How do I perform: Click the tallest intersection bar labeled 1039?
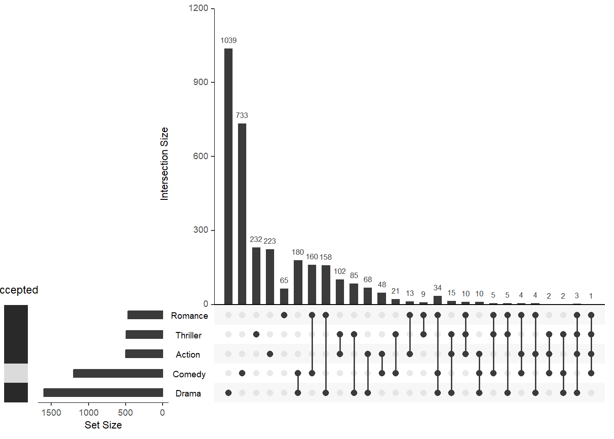(228, 176)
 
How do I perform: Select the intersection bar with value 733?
(242, 214)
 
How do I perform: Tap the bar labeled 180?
(298, 282)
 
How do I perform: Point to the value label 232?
(256, 239)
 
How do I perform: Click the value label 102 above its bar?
(340, 271)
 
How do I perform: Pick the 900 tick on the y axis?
(201, 82)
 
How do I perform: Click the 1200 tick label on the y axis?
(198, 8)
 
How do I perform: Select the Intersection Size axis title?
(164, 164)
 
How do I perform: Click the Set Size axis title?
(103, 425)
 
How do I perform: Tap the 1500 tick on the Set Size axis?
(51, 412)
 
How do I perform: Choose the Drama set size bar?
(103, 392)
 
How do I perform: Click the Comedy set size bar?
(118, 373)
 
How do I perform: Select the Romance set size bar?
(145, 315)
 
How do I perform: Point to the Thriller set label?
(188, 335)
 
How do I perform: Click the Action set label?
(188, 354)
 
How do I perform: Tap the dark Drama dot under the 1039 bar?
(228, 393)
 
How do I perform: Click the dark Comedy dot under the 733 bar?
(242, 373)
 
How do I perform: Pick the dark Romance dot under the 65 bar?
(284, 315)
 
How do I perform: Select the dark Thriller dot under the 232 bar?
(256, 334)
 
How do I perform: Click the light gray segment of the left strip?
(16, 373)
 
